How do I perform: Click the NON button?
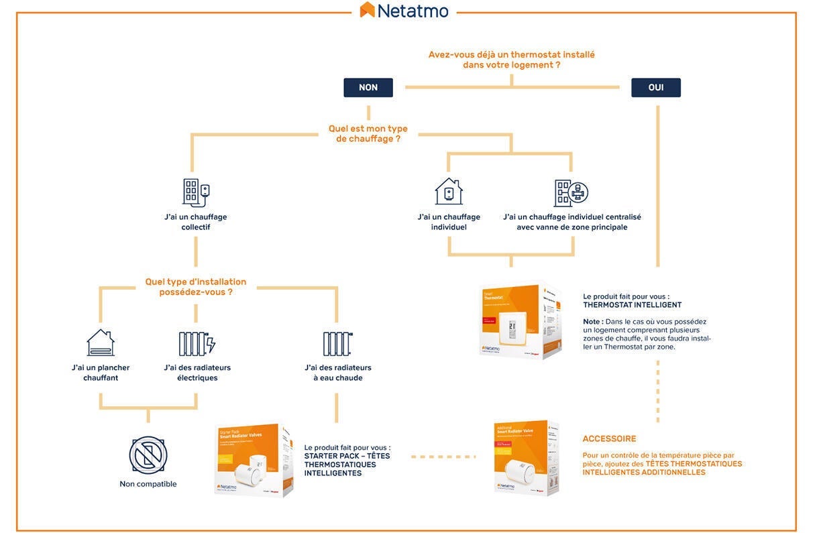pyautogui.click(x=368, y=88)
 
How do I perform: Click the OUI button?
pyautogui.click(x=655, y=88)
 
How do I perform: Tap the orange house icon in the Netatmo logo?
pyautogui.click(x=367, y=9)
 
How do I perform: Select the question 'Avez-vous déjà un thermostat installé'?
pyautogui.click(x=511, y=55)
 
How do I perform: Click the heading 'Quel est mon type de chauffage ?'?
pyautogui.click(x=368, y=133)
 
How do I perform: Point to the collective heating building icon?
pyautogui.click(x=196, y=192)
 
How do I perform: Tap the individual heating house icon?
pyautogui.click(x=449, y=192)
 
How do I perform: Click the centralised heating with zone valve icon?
pyautogui.click(x=571, y=192)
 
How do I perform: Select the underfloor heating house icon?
pyautogui.click(x=101, y=343)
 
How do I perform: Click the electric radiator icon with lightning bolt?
pyautogui.click(x=197, y=343)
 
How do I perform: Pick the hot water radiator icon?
pyautogui.click(x=337, y=343)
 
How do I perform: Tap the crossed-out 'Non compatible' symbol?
pyautogui.click(x=148, y=455)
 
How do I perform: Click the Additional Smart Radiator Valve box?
pyautogui.click(x=526, y=458)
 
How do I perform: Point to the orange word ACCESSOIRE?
pyautogui.click(x=609, y=439)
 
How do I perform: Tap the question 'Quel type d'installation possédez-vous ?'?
pyautogui.click(x=196, y=287)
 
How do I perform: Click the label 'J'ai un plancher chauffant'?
pyautogui.click(x=101, y=373)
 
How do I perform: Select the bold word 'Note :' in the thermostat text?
pyautogui.click(x=592, y=322)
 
